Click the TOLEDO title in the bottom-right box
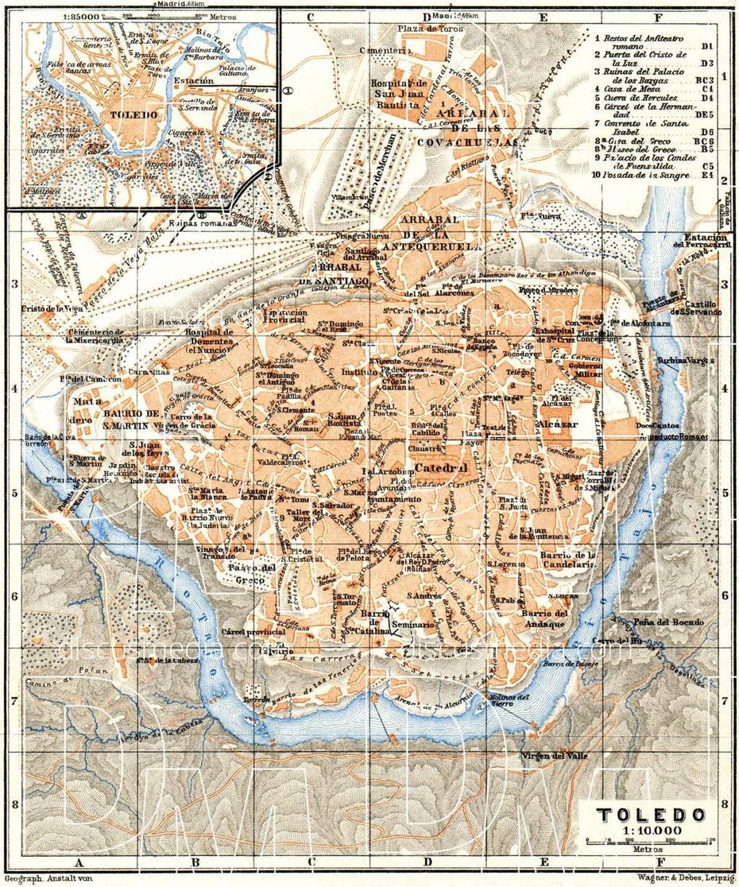click(x=649, y=815)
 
